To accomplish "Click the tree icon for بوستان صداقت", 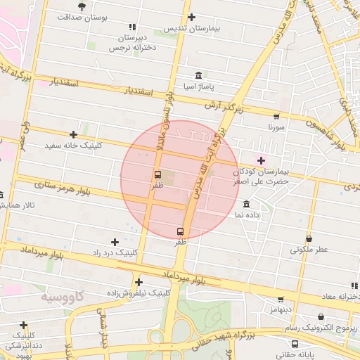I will (82, 6).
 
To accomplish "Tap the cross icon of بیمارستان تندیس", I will (191, 18).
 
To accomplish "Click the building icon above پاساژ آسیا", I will (198, 75).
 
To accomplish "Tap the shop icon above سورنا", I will (276, 117).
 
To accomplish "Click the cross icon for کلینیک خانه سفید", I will (73, 134).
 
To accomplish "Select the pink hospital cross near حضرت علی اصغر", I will (262, 160).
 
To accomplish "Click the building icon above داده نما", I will (245, 204).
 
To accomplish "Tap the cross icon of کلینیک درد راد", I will (115, 242).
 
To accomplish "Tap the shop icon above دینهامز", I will (281, 299).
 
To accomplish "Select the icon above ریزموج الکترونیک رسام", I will (324, 317).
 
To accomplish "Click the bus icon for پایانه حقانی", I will (295, 345).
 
